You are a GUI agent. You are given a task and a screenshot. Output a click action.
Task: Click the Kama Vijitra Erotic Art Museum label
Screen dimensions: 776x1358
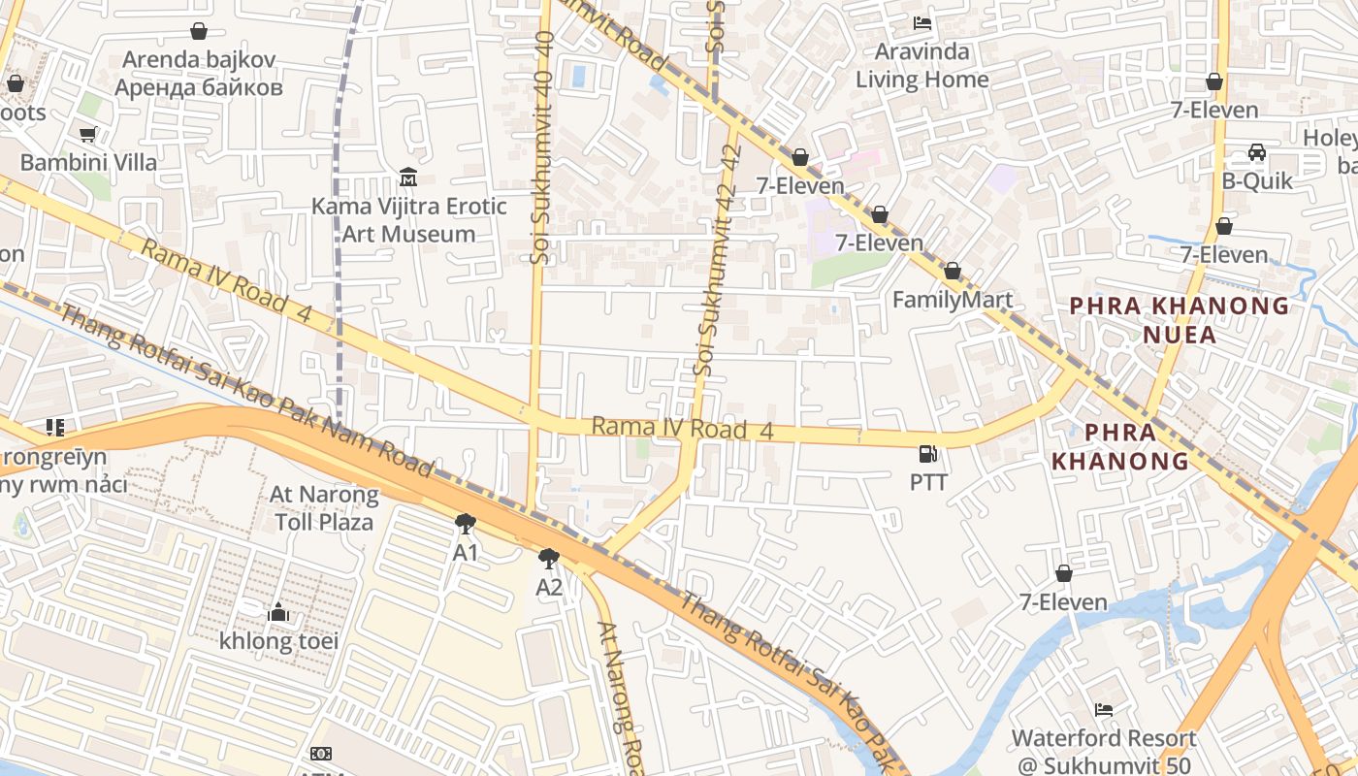point(408,220)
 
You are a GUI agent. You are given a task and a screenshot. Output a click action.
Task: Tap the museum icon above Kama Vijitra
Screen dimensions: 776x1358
point(408,178)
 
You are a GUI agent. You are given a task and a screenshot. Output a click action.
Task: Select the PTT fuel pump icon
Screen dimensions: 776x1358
point(928,453)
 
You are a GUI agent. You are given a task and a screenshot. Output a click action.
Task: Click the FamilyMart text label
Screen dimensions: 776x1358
point(952,300)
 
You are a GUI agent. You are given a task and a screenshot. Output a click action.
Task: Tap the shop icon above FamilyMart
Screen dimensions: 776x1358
point(952,272)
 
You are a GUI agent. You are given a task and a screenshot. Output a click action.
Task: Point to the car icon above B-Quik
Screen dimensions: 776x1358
point(1257,152)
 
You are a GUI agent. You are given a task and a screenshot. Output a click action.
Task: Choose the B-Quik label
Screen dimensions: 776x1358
point(1257,180)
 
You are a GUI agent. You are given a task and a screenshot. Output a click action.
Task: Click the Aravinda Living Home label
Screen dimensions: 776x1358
point(921,65)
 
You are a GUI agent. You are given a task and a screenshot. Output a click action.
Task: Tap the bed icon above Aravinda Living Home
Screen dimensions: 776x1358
point(922,23)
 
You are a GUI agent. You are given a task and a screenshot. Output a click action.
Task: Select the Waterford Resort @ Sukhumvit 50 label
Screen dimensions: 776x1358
point(1104,751)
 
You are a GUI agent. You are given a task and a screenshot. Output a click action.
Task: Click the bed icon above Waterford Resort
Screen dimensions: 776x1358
point(1104,710)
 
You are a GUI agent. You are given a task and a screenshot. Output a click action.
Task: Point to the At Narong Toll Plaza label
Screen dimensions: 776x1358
point(324,508)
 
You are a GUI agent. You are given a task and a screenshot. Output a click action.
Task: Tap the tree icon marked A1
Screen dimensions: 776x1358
point(466,525)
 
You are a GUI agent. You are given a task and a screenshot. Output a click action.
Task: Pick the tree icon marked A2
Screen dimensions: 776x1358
point(549,559)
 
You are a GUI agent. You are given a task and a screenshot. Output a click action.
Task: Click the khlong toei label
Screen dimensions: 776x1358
point(278,641)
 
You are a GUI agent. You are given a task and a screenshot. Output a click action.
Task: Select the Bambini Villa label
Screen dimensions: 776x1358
point(88,162)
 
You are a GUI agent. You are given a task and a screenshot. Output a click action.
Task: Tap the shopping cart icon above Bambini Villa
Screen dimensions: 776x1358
point(88,134)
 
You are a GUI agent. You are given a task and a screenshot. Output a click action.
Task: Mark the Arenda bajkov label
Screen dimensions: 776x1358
point(199,73)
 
